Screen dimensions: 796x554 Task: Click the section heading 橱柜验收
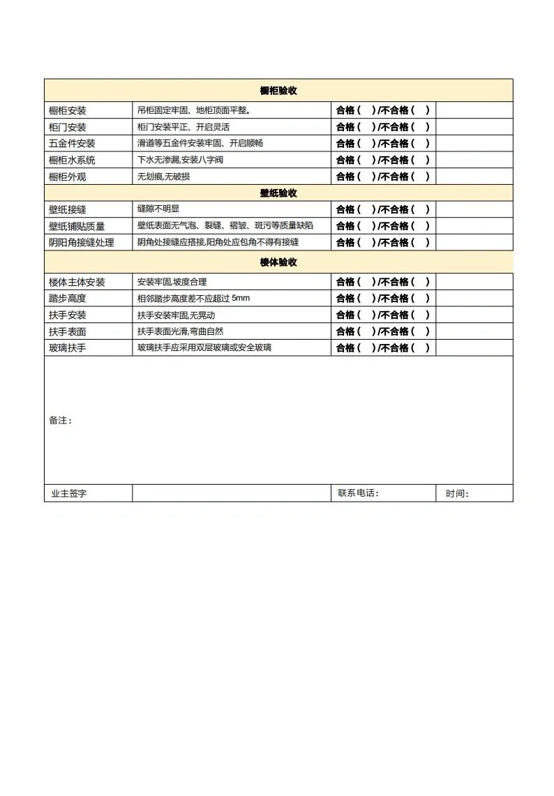(x=278, y=91)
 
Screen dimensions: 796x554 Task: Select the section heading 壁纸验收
(x=278, y=193)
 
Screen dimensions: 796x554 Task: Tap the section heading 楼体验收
(x=278, y=262)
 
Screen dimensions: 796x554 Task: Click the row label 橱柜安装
(x=68, y=111)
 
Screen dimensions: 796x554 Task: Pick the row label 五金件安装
(x=72, y=144)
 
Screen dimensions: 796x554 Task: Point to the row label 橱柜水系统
(x=72, y=160)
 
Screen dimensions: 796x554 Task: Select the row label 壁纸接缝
(x=68, y=210)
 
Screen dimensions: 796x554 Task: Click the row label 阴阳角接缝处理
(x=81, y=243)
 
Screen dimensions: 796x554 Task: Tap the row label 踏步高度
(x=68, y=299)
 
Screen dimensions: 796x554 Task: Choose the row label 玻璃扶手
(x=68, y=348)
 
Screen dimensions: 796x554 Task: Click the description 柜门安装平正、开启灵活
(x=184, y=127)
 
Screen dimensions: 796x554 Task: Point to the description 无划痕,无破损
(x=163, y=177)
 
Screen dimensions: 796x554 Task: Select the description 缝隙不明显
(x=158, y=209)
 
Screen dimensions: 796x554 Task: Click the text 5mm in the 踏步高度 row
(x=240, y=299)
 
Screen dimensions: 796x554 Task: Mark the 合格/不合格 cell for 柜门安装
(x=383, y=127)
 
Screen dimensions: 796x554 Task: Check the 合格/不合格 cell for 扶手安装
(x=383, y=315)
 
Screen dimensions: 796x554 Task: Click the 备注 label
(x=60, y=421)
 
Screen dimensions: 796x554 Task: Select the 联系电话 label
(x=358, y=493)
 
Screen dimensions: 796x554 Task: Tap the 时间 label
(x=457, y=494)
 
